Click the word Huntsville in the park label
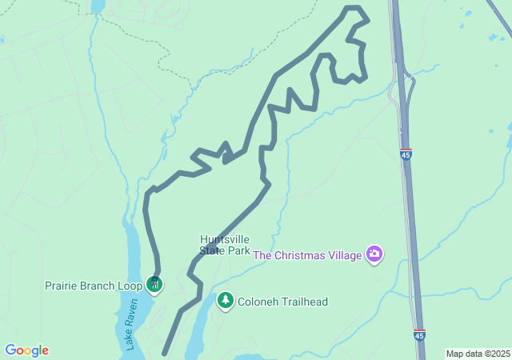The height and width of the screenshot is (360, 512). click(225, 239)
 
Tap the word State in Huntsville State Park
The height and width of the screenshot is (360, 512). click(214, 250)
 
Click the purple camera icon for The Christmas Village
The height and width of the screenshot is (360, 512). click(374, 254)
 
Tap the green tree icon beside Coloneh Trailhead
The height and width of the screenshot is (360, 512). click(226, 300)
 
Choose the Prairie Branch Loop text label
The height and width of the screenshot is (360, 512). click(92, 285)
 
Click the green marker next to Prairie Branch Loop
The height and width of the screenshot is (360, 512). click(154, 283)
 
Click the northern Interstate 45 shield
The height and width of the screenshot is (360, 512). click(406, 154)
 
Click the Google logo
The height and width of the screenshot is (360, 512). click(26, 350)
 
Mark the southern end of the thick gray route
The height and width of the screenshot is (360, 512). click(165, 352)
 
